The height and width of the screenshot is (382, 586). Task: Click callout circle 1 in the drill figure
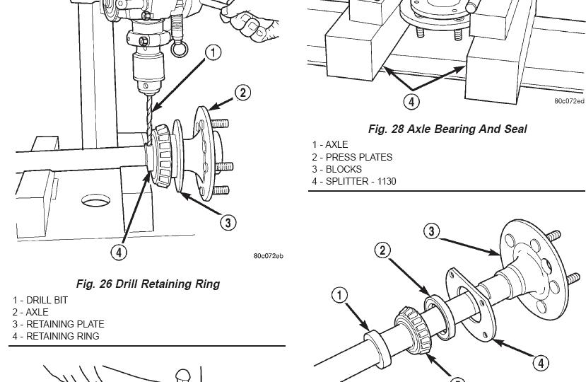tap(213, 52)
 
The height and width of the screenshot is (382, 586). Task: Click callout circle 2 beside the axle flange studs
tap(242, 93)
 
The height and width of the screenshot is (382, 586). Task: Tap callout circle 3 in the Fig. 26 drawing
tap(228, 223)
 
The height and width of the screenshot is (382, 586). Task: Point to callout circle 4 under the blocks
tap(411, 101)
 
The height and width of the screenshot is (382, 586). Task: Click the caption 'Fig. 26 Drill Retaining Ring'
tap(148, 284)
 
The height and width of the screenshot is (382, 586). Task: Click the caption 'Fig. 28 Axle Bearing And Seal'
tap(447, 129)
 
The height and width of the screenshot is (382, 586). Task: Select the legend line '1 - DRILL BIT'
tap(40, 300)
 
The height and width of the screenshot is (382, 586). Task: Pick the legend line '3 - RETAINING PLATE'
tap(58, 324)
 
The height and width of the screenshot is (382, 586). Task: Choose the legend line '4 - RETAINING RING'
tap(56, 336)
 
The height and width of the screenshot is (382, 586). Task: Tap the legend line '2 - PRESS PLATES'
tap(352, 157)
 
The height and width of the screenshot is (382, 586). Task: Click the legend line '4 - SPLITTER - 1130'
tap(354, 181)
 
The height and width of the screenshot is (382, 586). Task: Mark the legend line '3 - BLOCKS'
tap(337, 169)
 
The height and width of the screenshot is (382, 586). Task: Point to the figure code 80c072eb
tap(269, 256)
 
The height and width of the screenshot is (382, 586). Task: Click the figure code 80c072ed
tap(569, 101)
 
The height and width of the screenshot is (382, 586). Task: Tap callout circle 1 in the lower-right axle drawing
tap(340, 294)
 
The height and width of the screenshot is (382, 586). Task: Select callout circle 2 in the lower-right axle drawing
tap(382, 250)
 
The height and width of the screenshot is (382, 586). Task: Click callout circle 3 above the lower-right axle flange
tap(431, 231)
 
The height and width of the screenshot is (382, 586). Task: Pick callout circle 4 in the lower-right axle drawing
tap(540, 363)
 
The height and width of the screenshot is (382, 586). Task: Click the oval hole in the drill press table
tap(96, 201)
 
